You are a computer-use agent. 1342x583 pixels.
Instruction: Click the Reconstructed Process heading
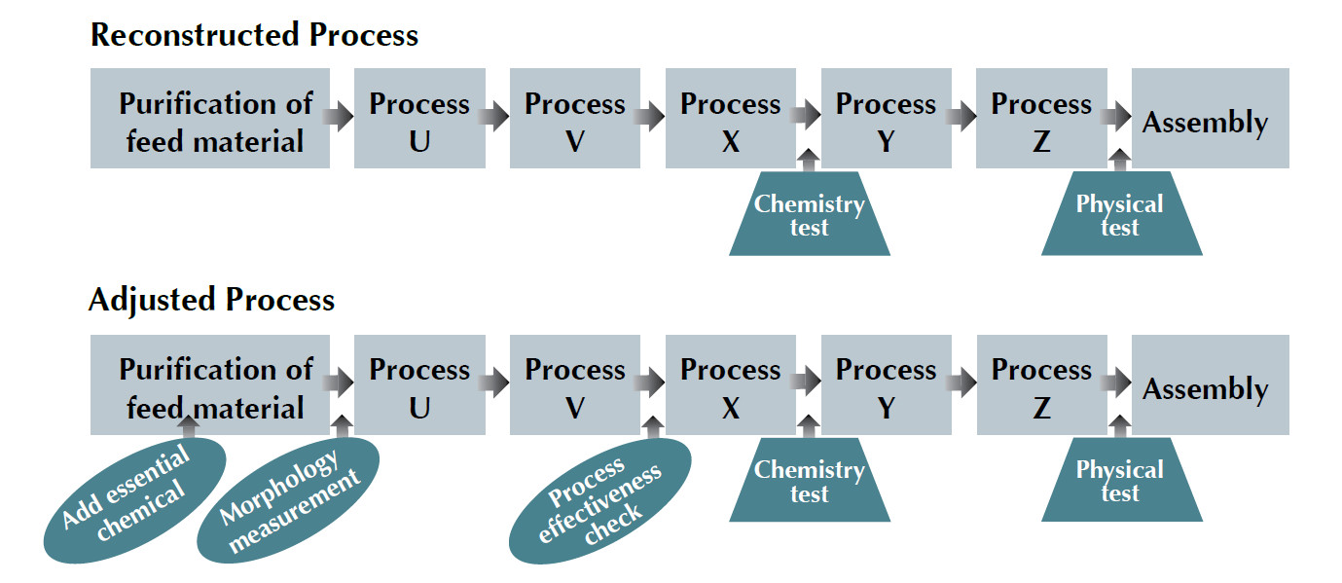coord(254,35)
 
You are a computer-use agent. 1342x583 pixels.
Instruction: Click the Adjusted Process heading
coord(211,299)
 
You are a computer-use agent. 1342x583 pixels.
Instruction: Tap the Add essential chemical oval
coord(135,498)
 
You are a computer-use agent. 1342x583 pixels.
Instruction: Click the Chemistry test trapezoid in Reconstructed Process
coord(809,215)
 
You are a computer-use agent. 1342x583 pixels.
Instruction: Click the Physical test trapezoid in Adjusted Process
coord(1120,482)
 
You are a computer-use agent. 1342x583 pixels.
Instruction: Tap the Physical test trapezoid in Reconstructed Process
coord(1120,215)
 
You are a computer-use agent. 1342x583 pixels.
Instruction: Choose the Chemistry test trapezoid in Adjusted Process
coord(809,482)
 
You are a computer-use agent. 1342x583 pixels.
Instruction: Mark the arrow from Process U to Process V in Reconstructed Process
coord(496,118)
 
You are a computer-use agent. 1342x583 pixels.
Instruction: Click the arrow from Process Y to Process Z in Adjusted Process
coord(963,384)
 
